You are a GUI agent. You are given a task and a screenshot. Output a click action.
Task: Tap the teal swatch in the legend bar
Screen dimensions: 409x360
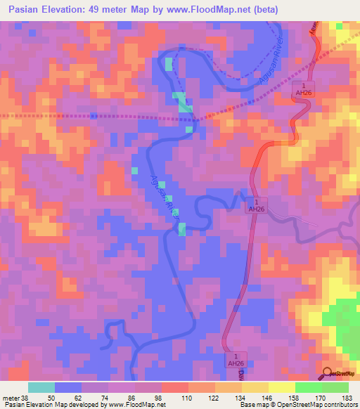click(x=41, y=387)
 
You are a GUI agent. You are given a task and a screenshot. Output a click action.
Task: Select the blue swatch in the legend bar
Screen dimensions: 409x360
click(x=68, y=387)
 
